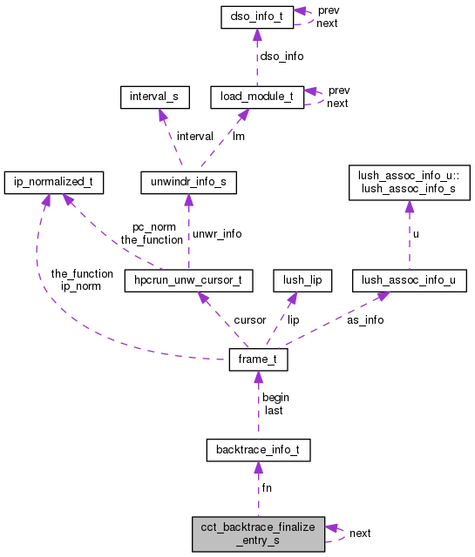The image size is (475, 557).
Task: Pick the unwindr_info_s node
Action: click(x=187, y=183)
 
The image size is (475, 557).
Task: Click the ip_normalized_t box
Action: click(x=54, y=183)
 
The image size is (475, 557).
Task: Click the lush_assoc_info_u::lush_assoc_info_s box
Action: click(x=409, y=182)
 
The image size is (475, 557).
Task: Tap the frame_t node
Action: click(x=257, y=360)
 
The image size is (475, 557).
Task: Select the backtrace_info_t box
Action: click(x=258, y=450)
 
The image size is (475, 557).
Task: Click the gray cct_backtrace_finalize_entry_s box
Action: click(x=258, y=533)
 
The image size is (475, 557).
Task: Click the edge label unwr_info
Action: click(x=217, y=233)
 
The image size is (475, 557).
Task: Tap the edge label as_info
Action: click(x=365, y=319)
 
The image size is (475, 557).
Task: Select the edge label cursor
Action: click(x=250, y=319)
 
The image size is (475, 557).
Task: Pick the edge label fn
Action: click(x=267, y=488)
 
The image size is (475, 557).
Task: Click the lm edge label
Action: click(x=237, y=136)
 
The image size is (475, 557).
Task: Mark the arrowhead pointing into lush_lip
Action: click(x=293, y=298)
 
